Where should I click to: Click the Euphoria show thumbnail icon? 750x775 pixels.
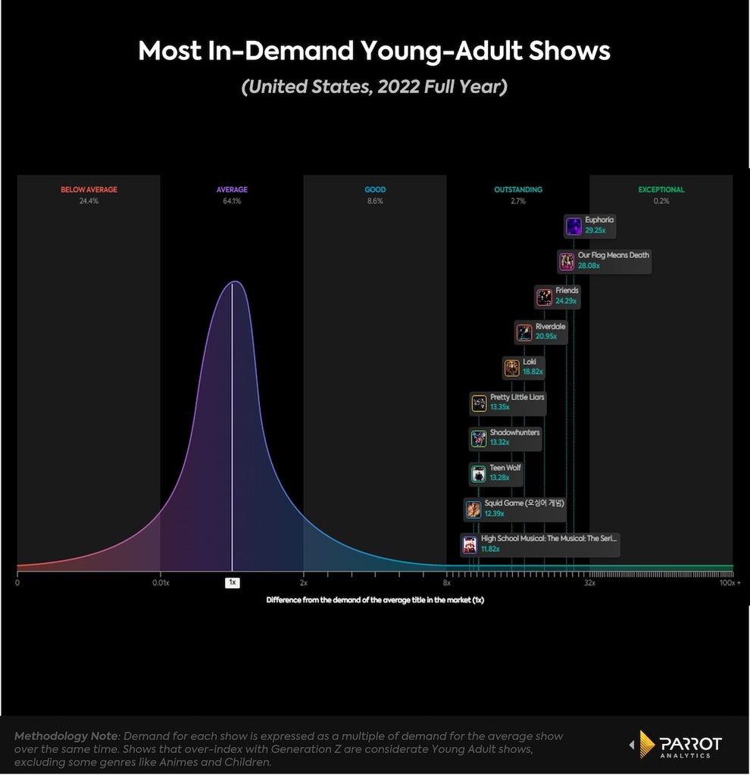[x=573, y=226]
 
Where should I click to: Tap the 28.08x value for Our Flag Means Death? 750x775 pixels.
[x=589, y=266]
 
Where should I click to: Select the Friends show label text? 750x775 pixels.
[x=567, y=291]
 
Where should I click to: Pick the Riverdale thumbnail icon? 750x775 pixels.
[x=524, y=333]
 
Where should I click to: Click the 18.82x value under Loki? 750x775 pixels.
[x=533, y=372]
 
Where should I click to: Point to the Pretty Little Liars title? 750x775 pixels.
[x=517, y=397]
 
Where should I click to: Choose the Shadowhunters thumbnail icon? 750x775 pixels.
[x=478, y=438]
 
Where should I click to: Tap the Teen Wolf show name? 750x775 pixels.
[x=505, y=468]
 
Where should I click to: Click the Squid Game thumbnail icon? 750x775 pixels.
[x=473, y=509]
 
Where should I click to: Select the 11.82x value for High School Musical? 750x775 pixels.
[x=490, y=549]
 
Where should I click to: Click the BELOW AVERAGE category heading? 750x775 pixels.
[x=89, y=190]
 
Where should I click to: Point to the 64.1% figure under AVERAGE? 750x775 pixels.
[x=232, y=201]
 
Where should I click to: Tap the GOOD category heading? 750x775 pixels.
[x=375, y=190]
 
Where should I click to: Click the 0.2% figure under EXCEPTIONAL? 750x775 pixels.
[x=661, y=201]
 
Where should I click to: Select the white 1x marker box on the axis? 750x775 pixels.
[x=232, y=583]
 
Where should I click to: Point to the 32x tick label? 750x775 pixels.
[x=589, y=584]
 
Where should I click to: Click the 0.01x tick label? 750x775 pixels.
[x=161, y=584]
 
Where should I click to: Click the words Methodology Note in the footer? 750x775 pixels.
[x=66, y=736]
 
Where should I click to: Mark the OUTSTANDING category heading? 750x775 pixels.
[x=518, y=190]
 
